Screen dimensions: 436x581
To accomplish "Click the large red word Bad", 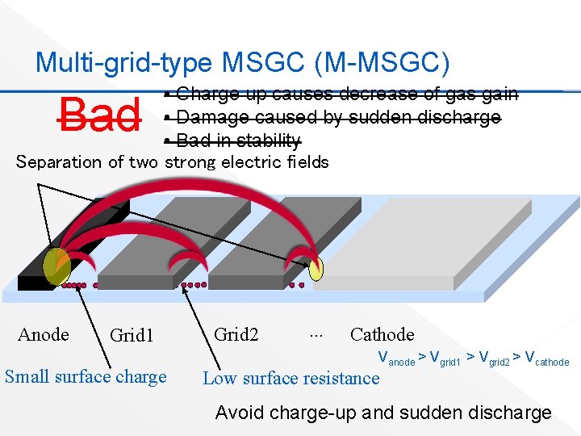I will pos(99,115).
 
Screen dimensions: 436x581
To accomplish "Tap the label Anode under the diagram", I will pos(43,334).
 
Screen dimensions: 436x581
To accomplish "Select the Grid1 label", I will pos(131,335).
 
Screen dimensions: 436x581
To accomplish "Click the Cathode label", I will pos(382,334).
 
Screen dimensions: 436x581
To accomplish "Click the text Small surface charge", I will pos(86,376).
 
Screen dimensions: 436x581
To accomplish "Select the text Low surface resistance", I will pos(290,378).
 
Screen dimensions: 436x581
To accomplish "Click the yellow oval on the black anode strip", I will pos(56,266).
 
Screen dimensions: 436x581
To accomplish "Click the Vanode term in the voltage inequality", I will pos(396,358).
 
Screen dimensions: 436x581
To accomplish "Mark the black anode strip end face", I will pos(32,283).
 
